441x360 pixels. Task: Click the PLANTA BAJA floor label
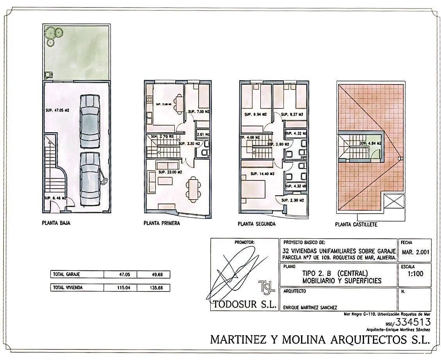[x=56, y=224]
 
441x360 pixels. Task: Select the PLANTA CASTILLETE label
[x=356, y=225]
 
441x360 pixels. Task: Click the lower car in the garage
[x=90, y=178]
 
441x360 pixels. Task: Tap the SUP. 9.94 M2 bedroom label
[x=255, y=115]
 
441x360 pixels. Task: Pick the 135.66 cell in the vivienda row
[x=154, y=288]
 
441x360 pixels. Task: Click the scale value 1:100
[x=415, y=274]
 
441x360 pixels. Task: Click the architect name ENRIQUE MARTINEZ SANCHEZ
[x=310, y=308]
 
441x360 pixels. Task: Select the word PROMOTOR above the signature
[x=244, y=242]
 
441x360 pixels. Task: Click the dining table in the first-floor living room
[x=193, y=188]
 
